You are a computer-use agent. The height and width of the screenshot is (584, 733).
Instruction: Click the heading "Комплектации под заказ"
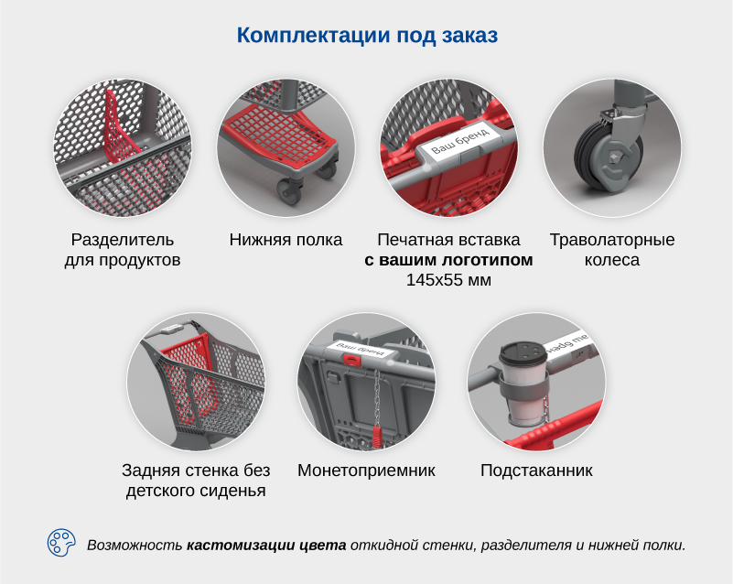pos(367,36)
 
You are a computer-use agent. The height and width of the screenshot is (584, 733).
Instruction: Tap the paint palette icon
pos(61,543)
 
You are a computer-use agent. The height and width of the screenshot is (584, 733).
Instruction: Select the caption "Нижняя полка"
pos(286,240)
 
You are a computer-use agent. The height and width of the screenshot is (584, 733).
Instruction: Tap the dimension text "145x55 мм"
pos(448,280)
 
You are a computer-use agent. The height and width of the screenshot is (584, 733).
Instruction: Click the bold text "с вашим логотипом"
pos(448,260)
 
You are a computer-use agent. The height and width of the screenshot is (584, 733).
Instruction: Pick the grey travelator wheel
pos(608,159)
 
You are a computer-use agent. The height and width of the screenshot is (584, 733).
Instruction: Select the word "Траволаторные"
pos(612,240)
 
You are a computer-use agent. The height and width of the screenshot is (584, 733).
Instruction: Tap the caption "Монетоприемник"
pos(366,470)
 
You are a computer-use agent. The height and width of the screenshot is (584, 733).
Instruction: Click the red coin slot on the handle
pos(352,359)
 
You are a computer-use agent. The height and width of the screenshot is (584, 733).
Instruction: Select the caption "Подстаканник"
pos(536,470)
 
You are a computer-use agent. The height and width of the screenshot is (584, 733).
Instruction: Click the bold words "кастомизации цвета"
pos(266,546)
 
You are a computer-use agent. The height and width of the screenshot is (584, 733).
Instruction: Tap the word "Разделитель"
pos(123,240)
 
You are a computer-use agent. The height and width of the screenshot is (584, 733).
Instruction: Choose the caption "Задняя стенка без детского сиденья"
pos(196,481)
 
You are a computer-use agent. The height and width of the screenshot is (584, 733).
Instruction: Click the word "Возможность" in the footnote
pos(135,546)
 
